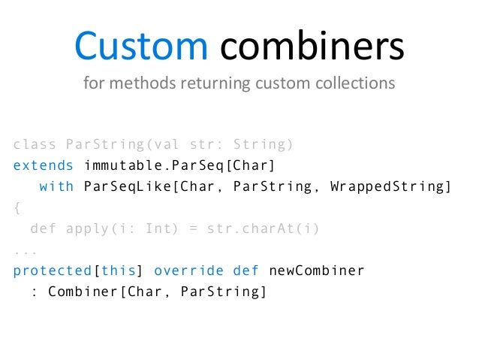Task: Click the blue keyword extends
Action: [x=44, y=165]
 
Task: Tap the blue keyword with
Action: [x=56, y=186]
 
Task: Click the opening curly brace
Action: [x=17, y=207]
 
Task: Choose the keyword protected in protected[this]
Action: [x=52, y=271]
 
